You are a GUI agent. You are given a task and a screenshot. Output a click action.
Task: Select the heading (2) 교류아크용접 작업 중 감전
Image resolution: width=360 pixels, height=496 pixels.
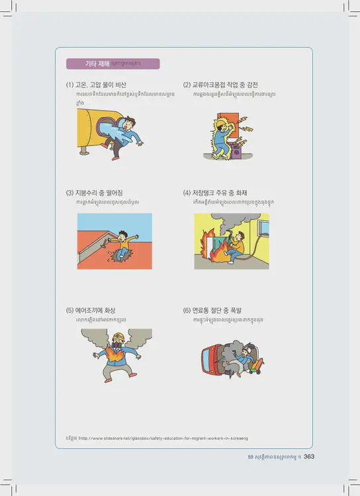pyautogui.click(x=220, y=85)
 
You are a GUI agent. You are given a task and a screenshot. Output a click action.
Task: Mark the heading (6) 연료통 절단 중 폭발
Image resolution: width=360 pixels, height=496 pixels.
pyautogui.click(x=214, y=310)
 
